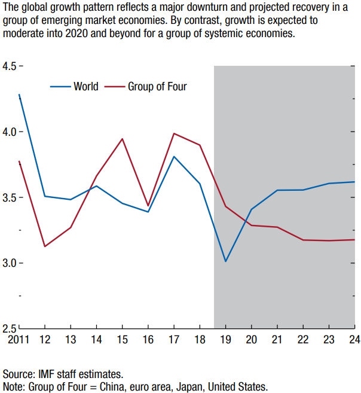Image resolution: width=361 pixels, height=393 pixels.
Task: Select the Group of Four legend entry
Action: coord(157,87)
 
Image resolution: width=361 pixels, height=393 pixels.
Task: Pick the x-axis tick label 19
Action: coord(225,340)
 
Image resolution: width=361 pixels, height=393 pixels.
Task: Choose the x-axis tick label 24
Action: coord(354,340)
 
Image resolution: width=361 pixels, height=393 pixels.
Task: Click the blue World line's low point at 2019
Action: coord(225,261)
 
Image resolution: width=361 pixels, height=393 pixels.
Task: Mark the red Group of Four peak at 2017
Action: coord(174,133)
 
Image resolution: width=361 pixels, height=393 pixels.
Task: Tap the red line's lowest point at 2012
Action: coord(45,246)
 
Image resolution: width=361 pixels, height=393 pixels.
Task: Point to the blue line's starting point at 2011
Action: coord(19,95)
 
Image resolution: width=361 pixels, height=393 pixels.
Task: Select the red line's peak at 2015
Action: coord(122,139)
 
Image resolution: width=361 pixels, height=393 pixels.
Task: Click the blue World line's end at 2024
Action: coord(354,182)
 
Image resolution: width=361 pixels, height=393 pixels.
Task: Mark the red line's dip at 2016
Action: coord(148,206)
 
